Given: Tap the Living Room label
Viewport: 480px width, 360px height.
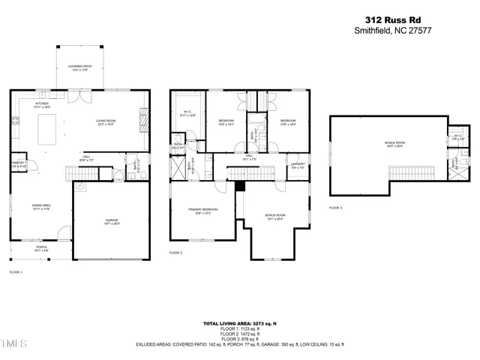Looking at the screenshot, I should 104,124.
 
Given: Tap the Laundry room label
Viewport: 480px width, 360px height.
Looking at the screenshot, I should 297,164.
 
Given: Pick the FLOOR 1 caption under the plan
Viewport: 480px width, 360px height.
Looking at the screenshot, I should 16,271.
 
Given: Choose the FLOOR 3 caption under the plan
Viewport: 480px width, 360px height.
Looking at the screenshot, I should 335,208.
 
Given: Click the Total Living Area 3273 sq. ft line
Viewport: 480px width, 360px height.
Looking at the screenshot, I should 240,323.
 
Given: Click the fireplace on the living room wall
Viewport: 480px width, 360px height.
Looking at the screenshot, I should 144,117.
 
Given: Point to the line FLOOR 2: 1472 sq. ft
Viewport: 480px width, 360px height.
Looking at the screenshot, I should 240,334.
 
